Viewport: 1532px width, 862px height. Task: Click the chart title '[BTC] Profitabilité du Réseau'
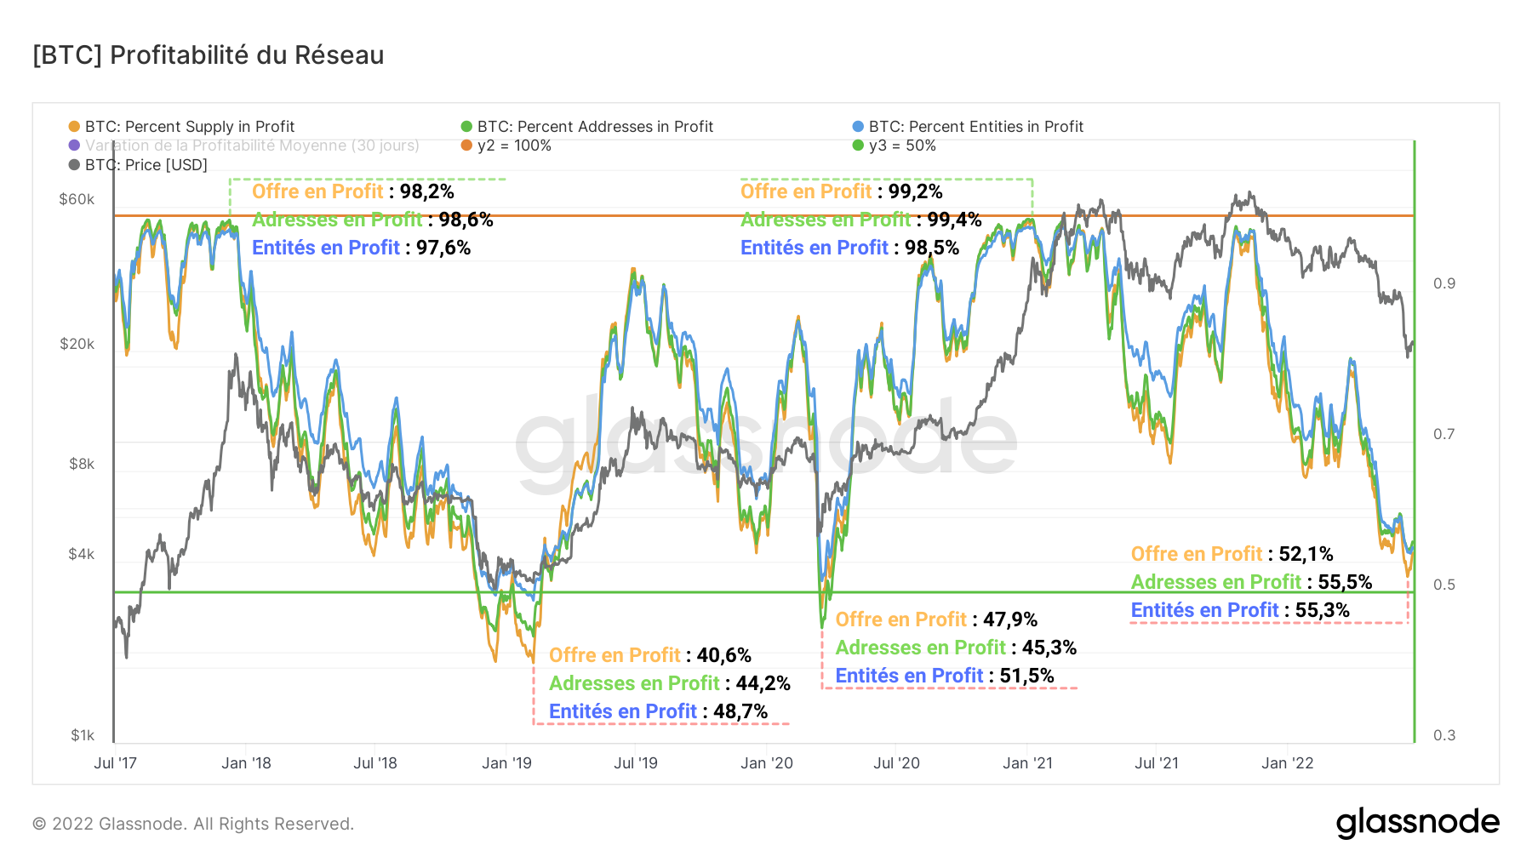(x=209, y=55)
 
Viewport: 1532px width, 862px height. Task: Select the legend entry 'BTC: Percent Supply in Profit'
(x=189, y=127)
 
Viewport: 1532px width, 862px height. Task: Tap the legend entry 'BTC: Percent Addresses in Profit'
(x=595, y=127)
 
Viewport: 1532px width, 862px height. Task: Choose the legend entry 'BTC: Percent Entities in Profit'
(x=975, y=127)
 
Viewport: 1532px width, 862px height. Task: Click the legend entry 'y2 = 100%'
(x=514, y=146)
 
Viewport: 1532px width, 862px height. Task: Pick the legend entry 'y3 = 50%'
(x=902, y=146)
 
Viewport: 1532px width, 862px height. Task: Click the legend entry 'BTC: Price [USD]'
(x=146, y=165)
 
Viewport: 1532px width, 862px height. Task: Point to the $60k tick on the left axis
(x=77, y=200)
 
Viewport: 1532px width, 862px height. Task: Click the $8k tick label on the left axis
(x=82, y=465)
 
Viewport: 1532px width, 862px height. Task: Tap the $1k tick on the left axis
(x=83, y=735)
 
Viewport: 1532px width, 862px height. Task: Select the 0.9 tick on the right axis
(x=1444, y=283)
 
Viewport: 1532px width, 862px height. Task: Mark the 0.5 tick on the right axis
(x=1444, y=585)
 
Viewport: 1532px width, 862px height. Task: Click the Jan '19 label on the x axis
(x=506, y=763)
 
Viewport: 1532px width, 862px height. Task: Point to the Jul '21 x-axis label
(x=1156, y=763)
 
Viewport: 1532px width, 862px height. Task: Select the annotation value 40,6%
(x=724, y=655)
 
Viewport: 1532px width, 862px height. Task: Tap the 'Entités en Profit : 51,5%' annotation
(x=944, y=676)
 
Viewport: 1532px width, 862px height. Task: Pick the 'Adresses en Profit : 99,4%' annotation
(x=860, y=220)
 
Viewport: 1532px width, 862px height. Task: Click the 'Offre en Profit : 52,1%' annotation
(x=1232, y=554)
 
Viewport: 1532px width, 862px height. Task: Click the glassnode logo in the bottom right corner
(x=1417, y=823)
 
